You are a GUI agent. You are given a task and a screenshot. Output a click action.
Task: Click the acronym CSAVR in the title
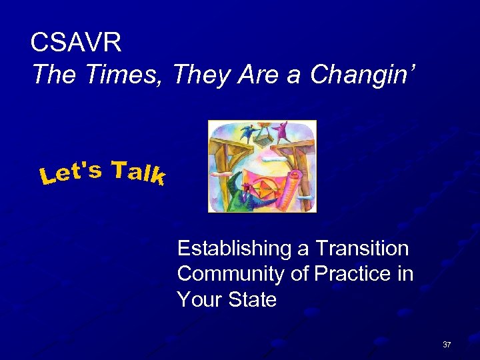[76, 43]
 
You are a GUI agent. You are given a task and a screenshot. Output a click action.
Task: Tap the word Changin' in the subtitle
[363, 75]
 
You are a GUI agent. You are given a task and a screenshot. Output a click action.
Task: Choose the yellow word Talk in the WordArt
[138, 172]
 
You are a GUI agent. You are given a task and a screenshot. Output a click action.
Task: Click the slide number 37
[447, 345]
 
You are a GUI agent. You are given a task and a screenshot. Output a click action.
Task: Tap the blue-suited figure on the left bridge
[247, 132]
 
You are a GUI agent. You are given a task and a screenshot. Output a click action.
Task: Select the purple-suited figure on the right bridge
[281, 129]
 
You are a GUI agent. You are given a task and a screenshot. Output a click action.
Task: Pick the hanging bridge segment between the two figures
[264, 141]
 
